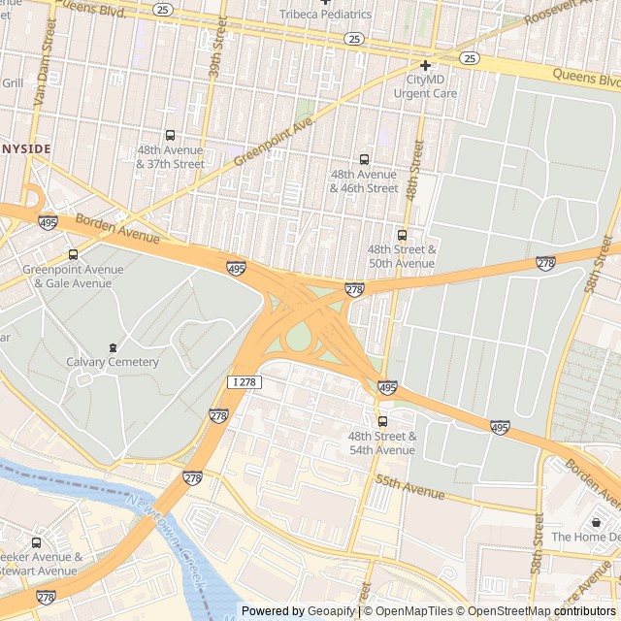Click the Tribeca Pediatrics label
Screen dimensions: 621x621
point(325,15)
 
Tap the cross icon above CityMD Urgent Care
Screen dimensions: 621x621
point(425,65)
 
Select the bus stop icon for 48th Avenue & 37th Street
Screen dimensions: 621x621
point(171,136)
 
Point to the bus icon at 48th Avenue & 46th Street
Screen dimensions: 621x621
point(365,159)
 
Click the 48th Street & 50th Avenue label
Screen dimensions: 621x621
point(401,256)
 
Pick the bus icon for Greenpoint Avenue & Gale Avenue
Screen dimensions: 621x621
point(73,254)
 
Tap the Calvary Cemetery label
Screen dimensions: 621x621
point(113,362)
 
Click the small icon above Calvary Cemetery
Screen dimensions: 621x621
point(113,347)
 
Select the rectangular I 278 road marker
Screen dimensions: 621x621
point(244,382)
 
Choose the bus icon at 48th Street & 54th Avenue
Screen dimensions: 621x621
point(382,421)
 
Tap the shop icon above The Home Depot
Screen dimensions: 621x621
point(596,522)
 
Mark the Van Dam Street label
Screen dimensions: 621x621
point(44,58)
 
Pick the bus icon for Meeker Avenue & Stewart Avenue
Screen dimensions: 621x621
point(37,542)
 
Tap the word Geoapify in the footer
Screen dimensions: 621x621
point(331,611)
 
